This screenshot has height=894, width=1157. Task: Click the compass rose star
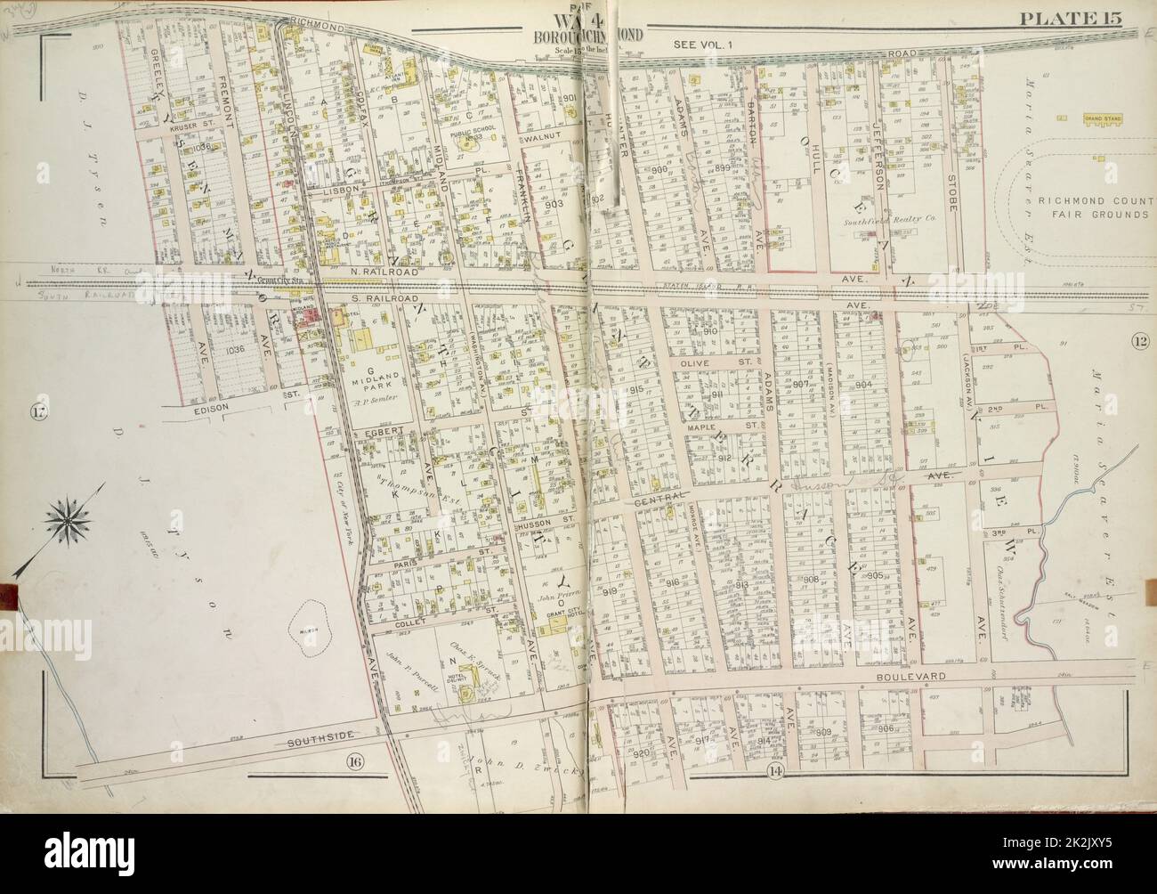point(64,516)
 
